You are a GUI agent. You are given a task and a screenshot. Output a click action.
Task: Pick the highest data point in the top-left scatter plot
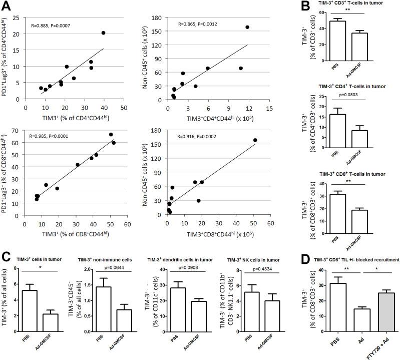103,33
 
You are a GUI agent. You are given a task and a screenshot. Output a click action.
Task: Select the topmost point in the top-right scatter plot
247,27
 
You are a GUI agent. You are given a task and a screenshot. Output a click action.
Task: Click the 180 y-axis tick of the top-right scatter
159,19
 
